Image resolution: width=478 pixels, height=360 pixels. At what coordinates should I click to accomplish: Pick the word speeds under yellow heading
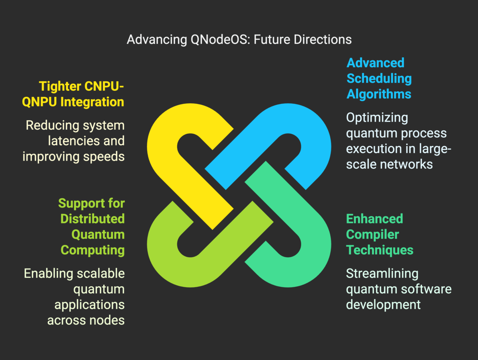tap(105, 157)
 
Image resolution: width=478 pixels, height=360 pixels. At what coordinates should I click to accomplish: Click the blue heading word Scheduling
tap(379, 78)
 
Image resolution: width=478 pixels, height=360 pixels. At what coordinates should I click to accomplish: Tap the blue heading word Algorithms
tap(379, 94)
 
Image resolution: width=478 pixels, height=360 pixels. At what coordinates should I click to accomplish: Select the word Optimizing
tap(371, 118)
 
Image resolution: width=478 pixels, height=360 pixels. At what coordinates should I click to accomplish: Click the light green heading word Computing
tap(92, 250)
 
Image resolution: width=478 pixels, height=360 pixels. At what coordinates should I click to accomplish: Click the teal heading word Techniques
tap(380, 250)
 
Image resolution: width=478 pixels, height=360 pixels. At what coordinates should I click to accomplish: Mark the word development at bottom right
tap(383, 305)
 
